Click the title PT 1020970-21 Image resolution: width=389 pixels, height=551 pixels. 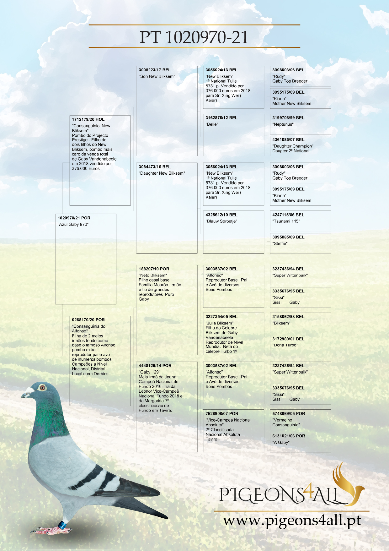coord(194,37)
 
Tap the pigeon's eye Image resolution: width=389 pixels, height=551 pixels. coord(42,388)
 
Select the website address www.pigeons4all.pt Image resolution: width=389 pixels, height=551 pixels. coord(292,520)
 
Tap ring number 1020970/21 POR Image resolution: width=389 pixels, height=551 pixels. coord(74,218)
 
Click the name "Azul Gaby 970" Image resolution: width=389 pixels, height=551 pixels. coord(73,224)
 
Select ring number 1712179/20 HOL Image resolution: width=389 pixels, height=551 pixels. coord(88,119)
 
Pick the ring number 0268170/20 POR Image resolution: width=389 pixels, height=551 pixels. coord(88,319)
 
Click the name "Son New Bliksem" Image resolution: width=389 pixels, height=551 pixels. coord(157,76)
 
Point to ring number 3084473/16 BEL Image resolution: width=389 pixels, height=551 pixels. coord(155,167)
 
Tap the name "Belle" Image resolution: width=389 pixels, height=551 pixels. coord(212,124)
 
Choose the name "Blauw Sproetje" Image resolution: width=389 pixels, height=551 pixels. coord(221,221)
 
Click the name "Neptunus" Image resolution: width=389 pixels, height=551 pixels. coord(283,124)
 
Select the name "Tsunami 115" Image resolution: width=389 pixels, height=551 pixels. coord(286,221)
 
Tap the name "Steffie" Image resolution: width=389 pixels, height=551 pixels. coord(280,243)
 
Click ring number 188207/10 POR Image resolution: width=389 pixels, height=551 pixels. coord(154,269)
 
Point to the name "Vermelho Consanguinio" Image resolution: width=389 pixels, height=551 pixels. coord(286,423)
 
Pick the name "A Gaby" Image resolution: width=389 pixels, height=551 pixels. coord(281,442)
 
